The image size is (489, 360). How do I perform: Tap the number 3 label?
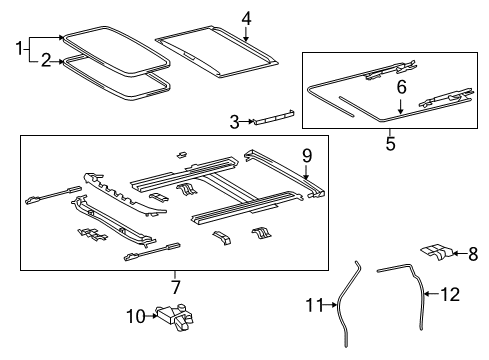click(x=234, y=122)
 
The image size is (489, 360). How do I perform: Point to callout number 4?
click(x=247, y=16)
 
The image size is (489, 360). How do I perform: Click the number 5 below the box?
click(x=390, y=144)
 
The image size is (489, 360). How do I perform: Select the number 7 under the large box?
click(x=176, y=287)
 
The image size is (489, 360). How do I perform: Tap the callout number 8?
click(x=474, y=253)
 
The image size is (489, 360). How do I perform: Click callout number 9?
click(x=307, y=155)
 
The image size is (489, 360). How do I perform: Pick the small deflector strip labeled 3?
click(x=271, y=119)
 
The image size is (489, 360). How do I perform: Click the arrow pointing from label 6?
click(x=401, y=105)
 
